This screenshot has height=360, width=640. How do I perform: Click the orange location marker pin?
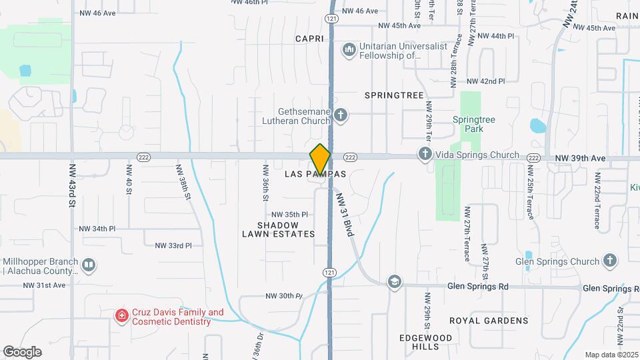pyautogui.click(x=321, y=159)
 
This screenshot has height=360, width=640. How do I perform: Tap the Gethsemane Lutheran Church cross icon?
pyautogui.click(x=341, y=116)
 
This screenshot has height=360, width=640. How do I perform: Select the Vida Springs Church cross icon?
pyautogui.click(x=425, y=155)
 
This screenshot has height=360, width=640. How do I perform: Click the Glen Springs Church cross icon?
pyautogui.click(x=609, y=261)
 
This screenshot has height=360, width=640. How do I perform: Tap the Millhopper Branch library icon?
pyautogui.click(x=88, y=266)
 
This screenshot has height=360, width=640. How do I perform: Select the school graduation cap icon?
pyautogui.click(x=395, y=281)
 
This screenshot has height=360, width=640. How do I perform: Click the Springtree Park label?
pyautogui.click(x=474, y=124)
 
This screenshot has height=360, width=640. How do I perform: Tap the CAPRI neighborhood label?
pyautogui.click(x=309, y=39)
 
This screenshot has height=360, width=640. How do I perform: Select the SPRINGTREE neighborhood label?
pyautogui.click(x=394, y=95)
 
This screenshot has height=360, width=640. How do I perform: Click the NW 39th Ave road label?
pyautogui.click(x=580, y=158)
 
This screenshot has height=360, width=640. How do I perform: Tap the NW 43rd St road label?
pyautogui.click(x=71, y=185)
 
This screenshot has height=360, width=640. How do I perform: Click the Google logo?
pyautogui.click(x=22, y=351)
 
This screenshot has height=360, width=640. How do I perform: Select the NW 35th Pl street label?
pyautogui.click(x=289, y=215)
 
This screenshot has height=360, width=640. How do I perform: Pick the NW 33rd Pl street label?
pyautogui.click(x=173, y=245)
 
